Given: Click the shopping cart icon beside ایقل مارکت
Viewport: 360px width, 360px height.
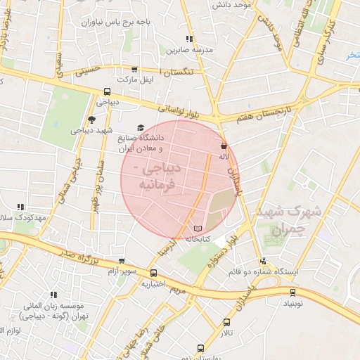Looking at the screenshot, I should pyautogui.click(x=134, y=70).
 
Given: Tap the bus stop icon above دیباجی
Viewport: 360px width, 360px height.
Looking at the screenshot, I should pyautogui.click(x=107, y=91).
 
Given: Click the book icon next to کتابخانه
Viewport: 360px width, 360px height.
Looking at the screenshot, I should pyautogui.click(x=198, y=229).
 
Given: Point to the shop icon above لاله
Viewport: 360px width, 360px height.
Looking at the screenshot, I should pyautogui.click(x=223, y=145).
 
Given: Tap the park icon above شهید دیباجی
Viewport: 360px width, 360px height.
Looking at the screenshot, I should pyautogui.click(x=91, y=120).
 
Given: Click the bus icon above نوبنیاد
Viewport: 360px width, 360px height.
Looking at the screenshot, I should pyautogui.click(x=292, y=292).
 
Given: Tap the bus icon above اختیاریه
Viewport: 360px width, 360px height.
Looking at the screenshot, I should pyautogui.click(x=153, y=274).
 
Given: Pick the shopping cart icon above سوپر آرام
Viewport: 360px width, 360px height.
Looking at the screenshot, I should pyautogui.click(x=122, y=260).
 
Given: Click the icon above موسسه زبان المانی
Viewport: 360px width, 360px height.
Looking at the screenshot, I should pyautogui.click(x=52, y=295).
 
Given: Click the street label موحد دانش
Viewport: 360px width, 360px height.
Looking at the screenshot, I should pyautogui.click(x=232, y=6).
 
